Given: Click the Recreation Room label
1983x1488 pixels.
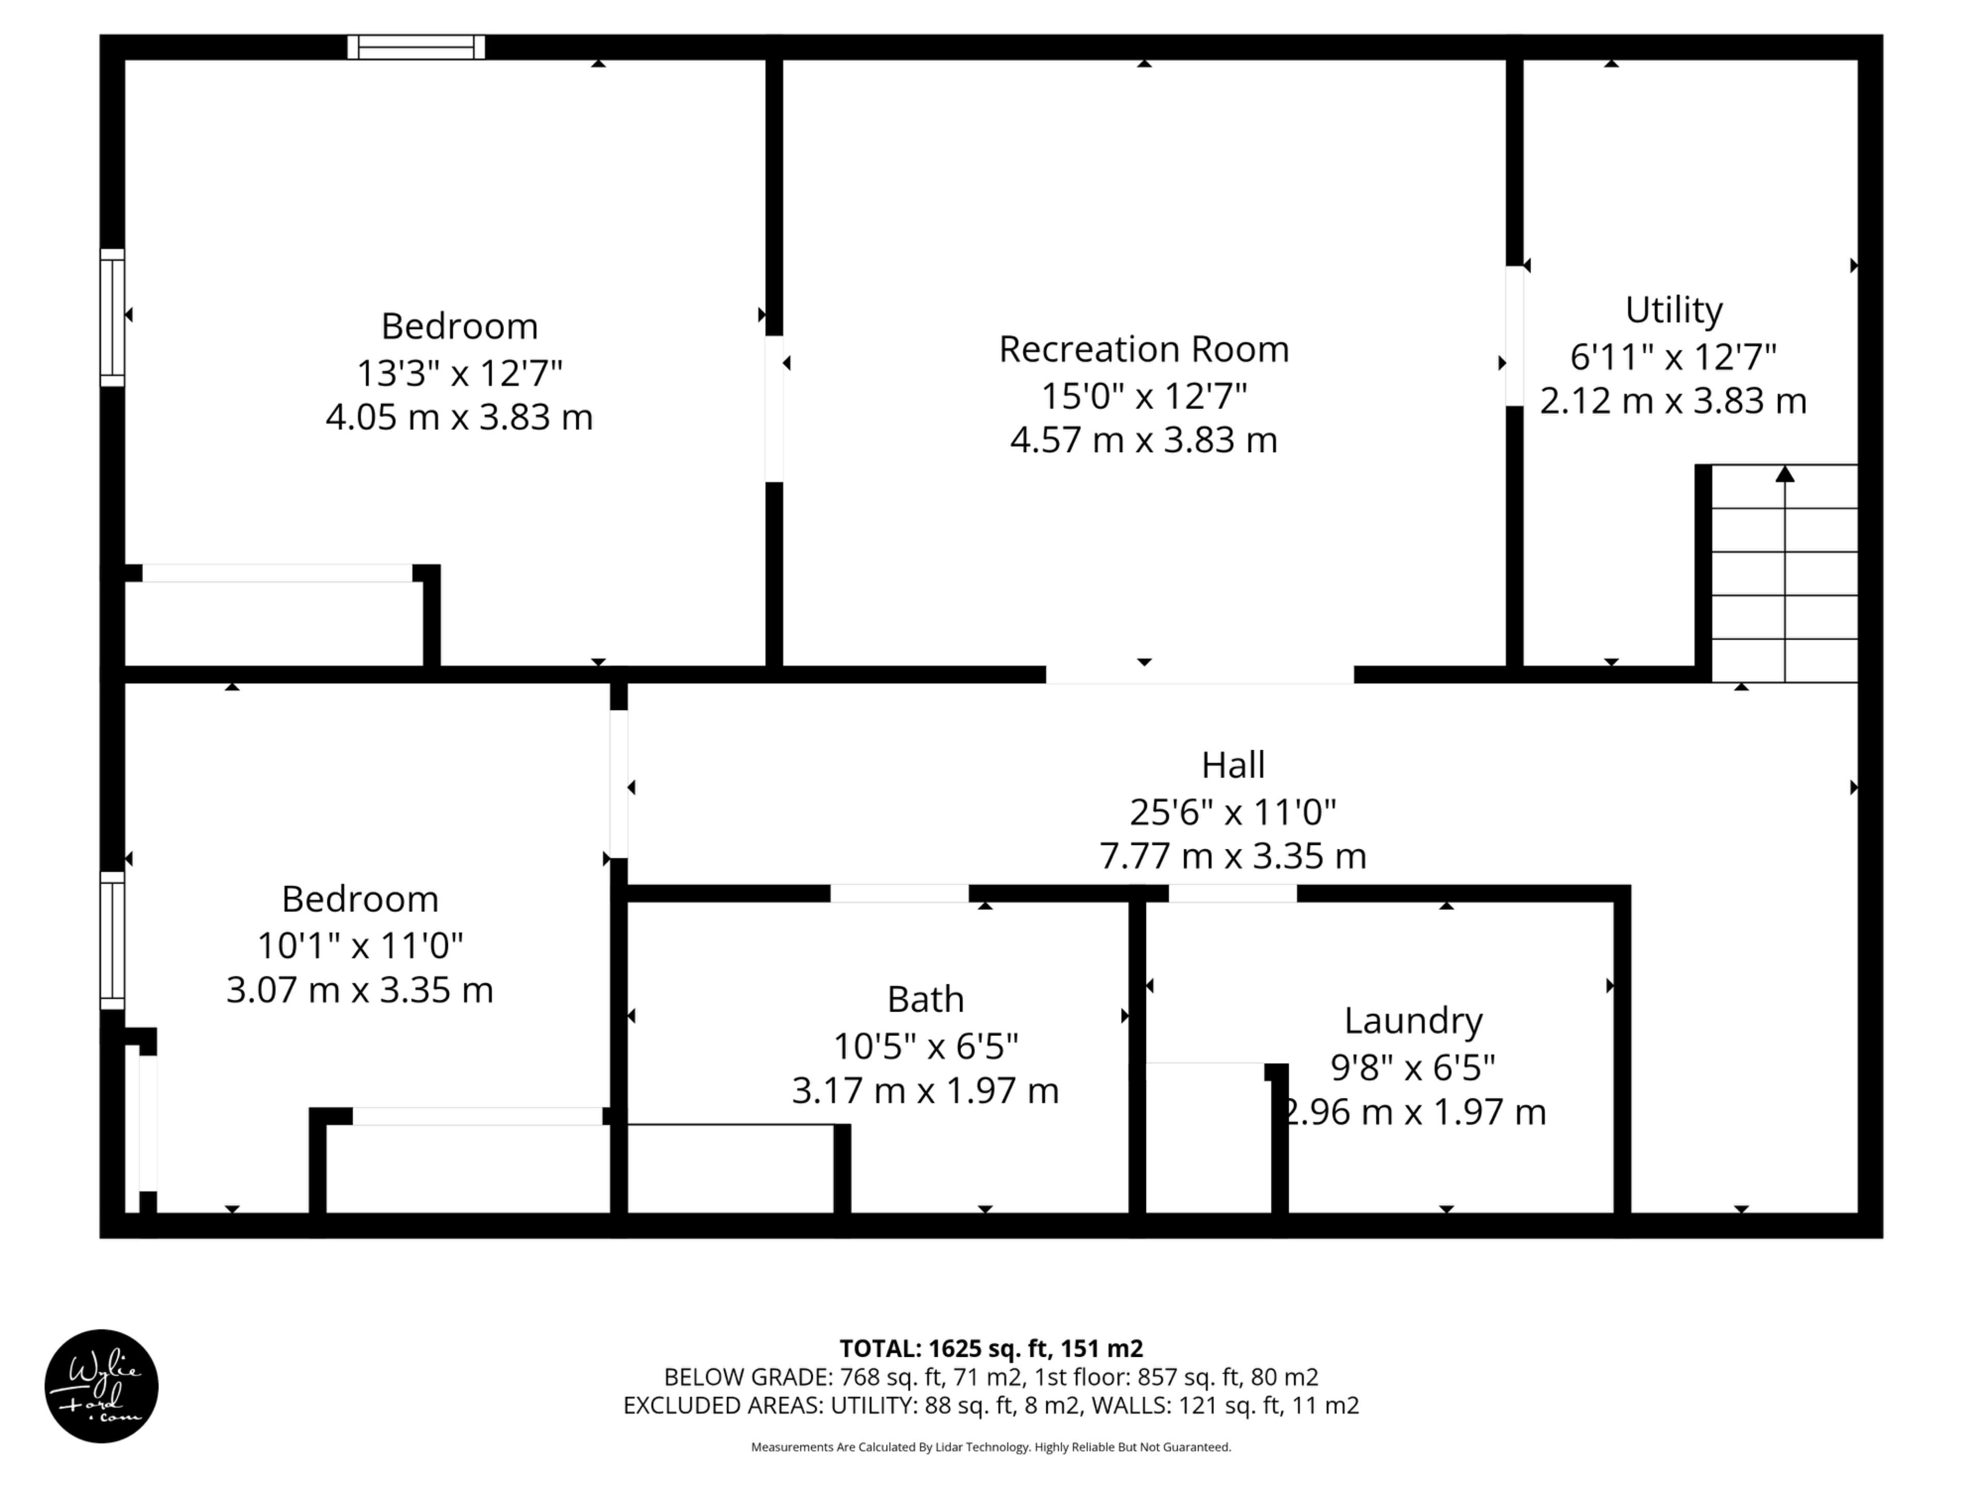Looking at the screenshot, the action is coord(1144,349).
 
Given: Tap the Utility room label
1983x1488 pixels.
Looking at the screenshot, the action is coord(1674,311).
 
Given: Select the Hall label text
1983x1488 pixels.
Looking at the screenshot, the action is coord(1234,765).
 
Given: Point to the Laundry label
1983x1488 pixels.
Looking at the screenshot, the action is coord(1414,1021).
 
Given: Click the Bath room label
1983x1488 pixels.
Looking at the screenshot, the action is coord(926,999).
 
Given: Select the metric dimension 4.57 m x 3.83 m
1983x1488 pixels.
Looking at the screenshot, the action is coord(1144,440).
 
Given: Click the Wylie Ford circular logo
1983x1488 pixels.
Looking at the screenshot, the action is coord(101,1386).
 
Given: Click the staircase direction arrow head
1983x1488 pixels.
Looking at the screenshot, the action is coord(1785,474).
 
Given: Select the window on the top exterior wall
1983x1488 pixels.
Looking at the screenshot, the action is coord(416,47).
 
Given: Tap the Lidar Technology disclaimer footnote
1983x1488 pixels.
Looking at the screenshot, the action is coord(991,1447).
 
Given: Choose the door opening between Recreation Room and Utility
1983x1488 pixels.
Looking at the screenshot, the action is coord(1514,336).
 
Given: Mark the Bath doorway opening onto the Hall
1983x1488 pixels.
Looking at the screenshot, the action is coord(899,893).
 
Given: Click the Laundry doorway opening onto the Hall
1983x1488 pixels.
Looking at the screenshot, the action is coord(1233,893).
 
